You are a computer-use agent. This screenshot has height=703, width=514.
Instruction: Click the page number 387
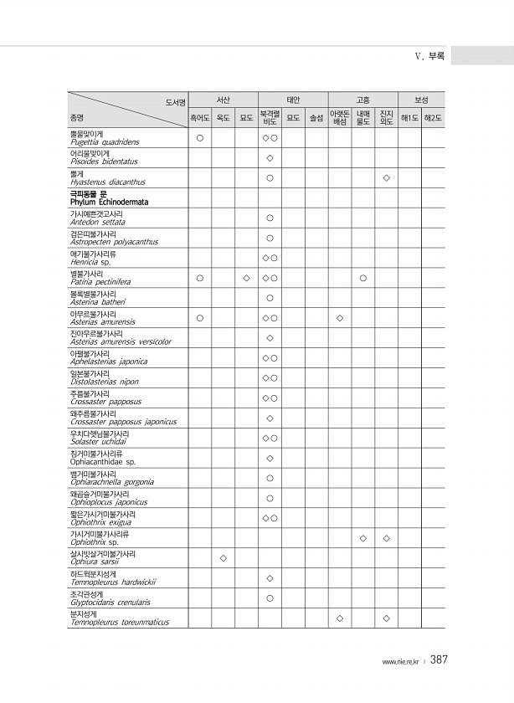click(439, 660)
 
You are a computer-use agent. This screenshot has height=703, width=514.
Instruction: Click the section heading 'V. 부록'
click(429, 56)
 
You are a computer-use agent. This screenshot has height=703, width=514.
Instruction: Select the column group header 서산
click(223, 100)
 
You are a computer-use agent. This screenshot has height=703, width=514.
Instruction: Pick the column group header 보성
click(421, 100)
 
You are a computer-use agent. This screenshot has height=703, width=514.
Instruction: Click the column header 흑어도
click(200, 118)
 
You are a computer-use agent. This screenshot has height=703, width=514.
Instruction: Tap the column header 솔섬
click(316, 118)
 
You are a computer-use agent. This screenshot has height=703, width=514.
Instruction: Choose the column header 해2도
click(433, 118)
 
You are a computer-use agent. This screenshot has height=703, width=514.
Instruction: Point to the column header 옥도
click(224, 118)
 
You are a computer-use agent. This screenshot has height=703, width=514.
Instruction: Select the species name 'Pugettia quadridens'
click(105, 142)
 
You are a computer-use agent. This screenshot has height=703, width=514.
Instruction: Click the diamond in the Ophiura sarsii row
click(223, 557)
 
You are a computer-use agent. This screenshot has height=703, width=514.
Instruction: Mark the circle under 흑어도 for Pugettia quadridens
click(200, 137)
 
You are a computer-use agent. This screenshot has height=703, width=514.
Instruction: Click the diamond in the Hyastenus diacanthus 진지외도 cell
click(386, 177)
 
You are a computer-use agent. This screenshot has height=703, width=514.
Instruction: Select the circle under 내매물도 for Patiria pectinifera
click(362, 277)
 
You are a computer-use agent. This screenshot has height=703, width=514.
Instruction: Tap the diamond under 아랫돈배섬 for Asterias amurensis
click(339, 317)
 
